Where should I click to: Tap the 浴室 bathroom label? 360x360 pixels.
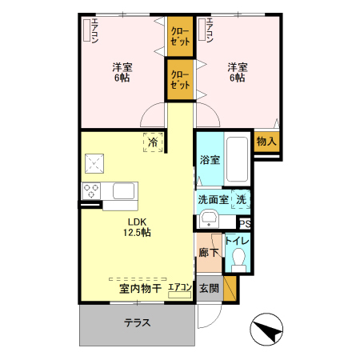click(210, 160)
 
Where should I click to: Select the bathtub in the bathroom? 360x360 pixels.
click(236, 158)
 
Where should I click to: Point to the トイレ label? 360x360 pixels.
click(238, 239)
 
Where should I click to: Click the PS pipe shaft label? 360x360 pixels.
click(245, 224)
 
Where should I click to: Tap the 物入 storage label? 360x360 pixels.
click(266, 141)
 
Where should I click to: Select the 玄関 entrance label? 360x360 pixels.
click(209, 288)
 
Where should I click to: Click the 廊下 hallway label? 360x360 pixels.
click(208, 253)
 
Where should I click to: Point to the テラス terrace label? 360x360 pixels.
click(138, 324)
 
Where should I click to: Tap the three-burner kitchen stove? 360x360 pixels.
click(91, 191)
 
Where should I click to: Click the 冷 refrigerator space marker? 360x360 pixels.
click(153, 142)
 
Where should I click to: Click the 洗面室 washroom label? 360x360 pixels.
click(213, 200)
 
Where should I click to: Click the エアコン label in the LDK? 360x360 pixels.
click(179, 286)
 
